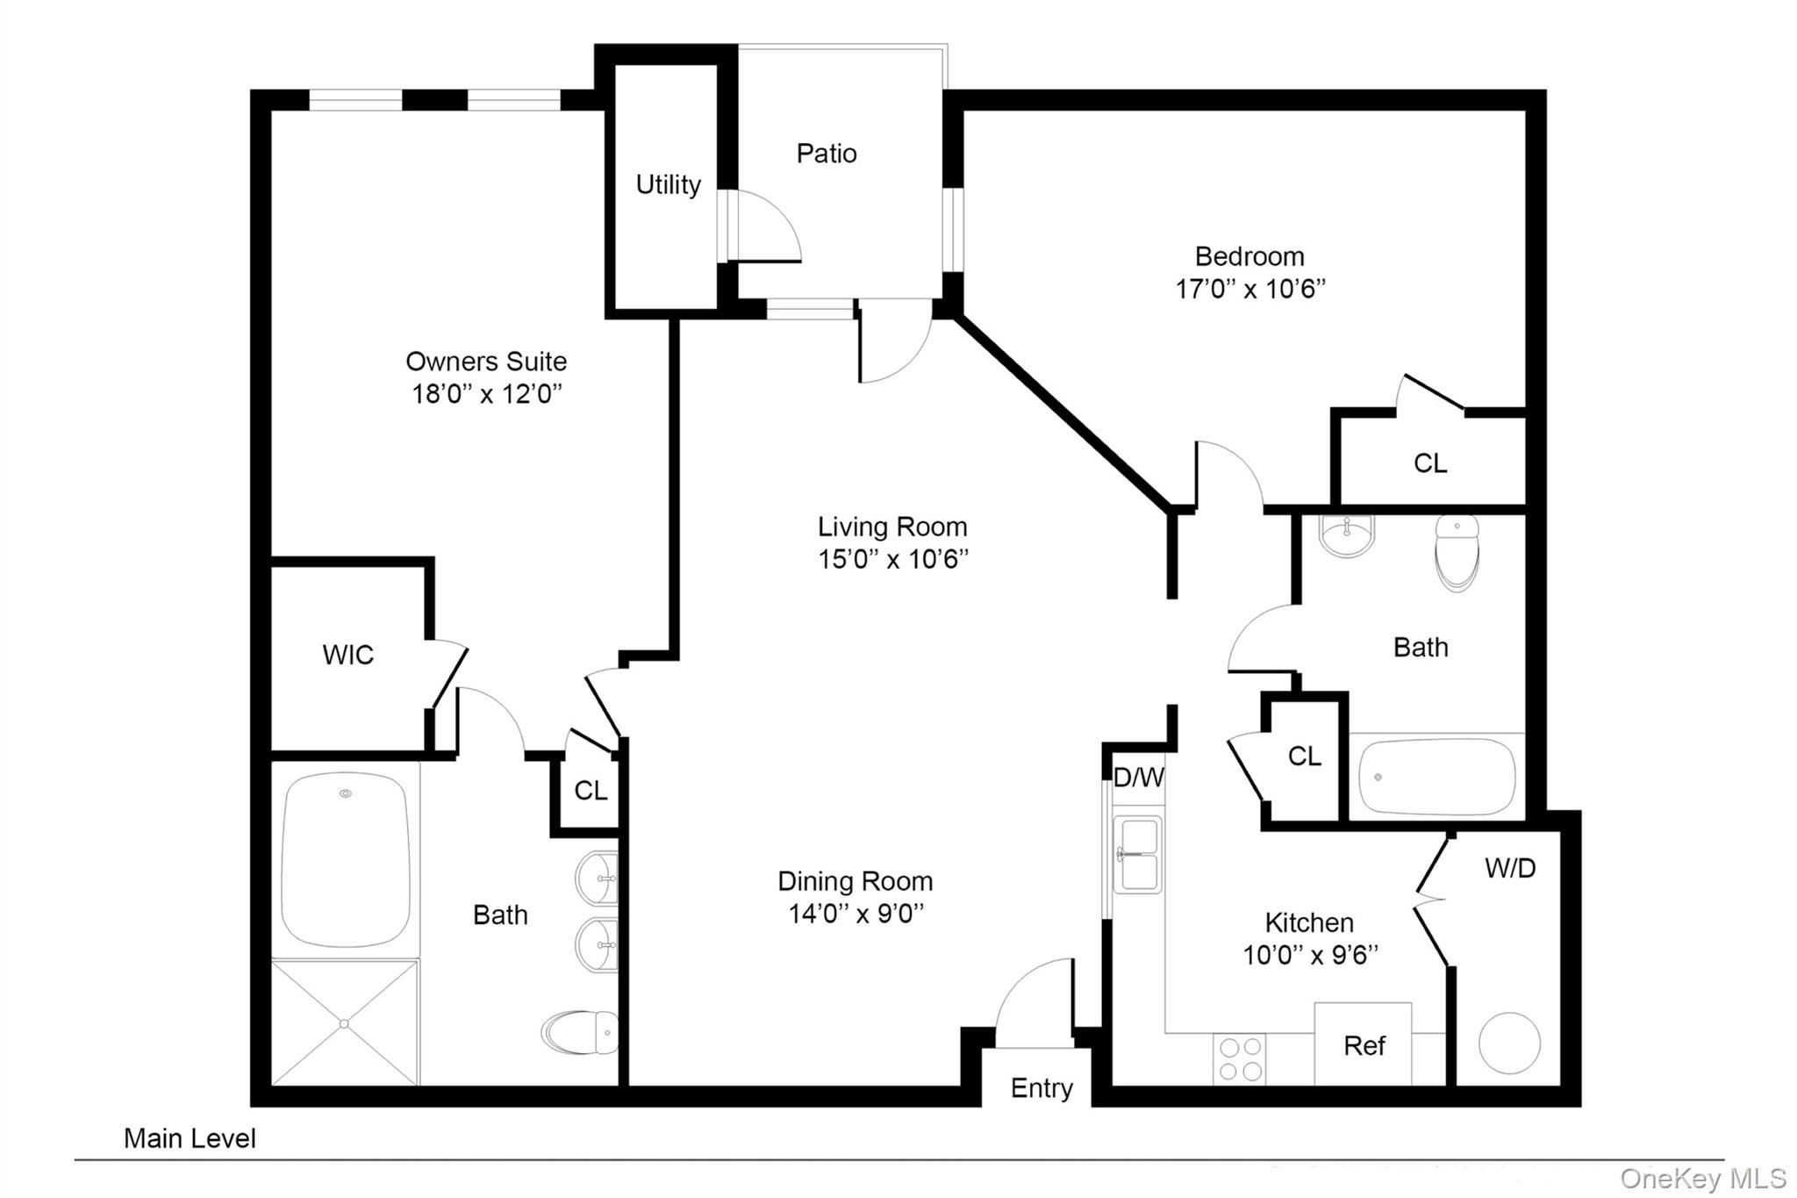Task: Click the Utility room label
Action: click(x=669, y=185)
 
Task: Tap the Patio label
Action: click(x=827, y=154)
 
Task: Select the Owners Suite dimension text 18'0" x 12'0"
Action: click(x=487, y=393)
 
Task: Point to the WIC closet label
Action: click(x=348, y=655)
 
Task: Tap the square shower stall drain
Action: click(x=344, y=1023)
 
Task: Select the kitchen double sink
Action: click(x=1137, y=855)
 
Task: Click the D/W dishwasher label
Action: click(x=1139, y=777)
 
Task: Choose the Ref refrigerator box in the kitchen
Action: click(x=1363, y=1044)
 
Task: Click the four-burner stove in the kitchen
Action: click(x=1241, y=1059)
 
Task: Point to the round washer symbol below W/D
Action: click(x=1509, y=1043)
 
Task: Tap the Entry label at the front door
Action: click(x=1042, y=1088)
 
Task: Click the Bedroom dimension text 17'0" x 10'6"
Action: click(x=1250, y=288)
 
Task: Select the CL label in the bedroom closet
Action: click(x=1430, y=463)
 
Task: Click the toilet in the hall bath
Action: click(x=1457, y=553)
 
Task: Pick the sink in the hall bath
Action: click(x=1347, y=535)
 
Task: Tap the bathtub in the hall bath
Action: click(x=1436, y=777)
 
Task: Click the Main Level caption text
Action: click(x=190, y=1138)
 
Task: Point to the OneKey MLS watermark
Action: click(x=1703, y=1178)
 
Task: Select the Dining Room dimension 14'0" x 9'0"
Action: click(x=856, y=913)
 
